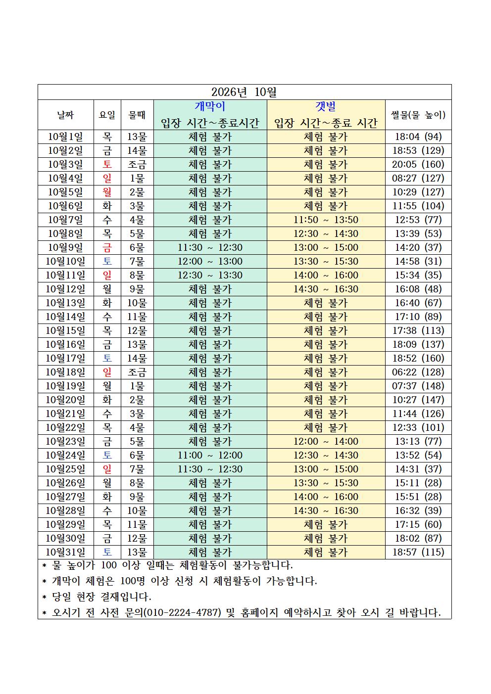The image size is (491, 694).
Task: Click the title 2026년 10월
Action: click(244, 92)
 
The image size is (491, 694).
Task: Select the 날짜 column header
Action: click(65, 115)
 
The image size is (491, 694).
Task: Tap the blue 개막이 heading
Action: click(210, 106)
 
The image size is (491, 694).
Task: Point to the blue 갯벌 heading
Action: click(326, 106)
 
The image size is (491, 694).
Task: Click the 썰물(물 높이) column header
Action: click(418, 115)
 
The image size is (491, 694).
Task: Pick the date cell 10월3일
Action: click(65, 164)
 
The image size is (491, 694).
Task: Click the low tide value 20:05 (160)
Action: click(418, 164)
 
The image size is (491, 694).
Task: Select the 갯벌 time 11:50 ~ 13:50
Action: click(326, 220)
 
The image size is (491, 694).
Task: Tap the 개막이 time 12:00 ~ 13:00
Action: click(210, 261)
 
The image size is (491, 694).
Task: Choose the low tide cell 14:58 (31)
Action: click(418, 261)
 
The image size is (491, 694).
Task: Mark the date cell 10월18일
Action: click(65, 372)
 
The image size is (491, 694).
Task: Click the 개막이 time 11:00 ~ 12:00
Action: click(210, 455)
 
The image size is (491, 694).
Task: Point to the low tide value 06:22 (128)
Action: click(418, 372)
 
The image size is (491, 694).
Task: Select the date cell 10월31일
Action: click(65, 552)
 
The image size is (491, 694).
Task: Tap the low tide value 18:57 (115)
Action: click(418, 552)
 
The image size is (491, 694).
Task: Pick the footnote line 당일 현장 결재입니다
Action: click(101, 597)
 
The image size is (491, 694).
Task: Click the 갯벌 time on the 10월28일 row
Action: click(326, 510)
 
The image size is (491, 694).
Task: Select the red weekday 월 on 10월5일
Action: click(107, 192)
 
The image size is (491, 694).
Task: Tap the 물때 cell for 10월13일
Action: click(137, 303)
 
